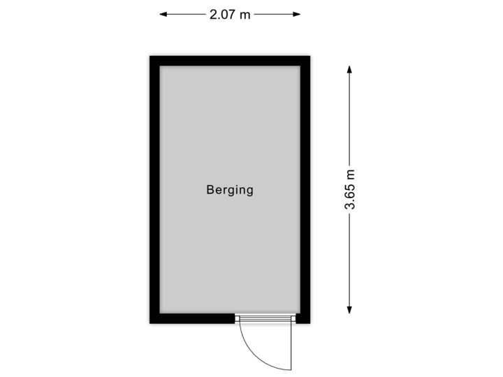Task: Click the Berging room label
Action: coord(230,189)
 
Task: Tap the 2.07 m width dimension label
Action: coord(230,13)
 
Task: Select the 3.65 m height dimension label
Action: coord(350,188)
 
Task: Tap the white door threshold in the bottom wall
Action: coord(265,320)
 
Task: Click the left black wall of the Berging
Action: coord(152,189)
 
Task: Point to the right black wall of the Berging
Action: coord(307,189)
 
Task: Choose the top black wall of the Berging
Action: coord(230,59)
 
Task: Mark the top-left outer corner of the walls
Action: coord(147,53)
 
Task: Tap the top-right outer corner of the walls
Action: coord(313,53)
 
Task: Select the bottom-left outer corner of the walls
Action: coord(147,326)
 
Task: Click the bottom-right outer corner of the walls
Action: coord(313,326)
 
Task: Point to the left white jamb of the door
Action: coord(237,320)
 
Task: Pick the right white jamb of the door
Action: coord(293,320)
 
